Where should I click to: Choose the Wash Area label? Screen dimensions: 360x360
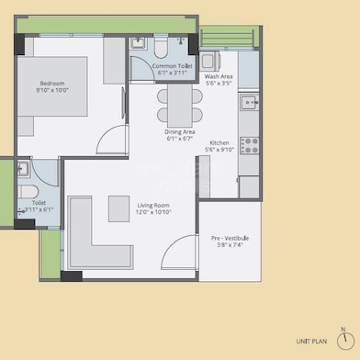(x=218, y=77)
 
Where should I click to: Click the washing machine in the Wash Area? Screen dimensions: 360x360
(x=210, y=60)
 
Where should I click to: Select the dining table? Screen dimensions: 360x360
(x=176, y=105)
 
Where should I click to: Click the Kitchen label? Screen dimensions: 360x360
(x=219, y=143)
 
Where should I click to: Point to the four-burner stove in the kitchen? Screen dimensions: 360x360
(x=249, y=144)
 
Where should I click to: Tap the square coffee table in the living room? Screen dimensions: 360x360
(x=118, y=208)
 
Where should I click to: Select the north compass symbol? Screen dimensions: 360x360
(x=343, y=337)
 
